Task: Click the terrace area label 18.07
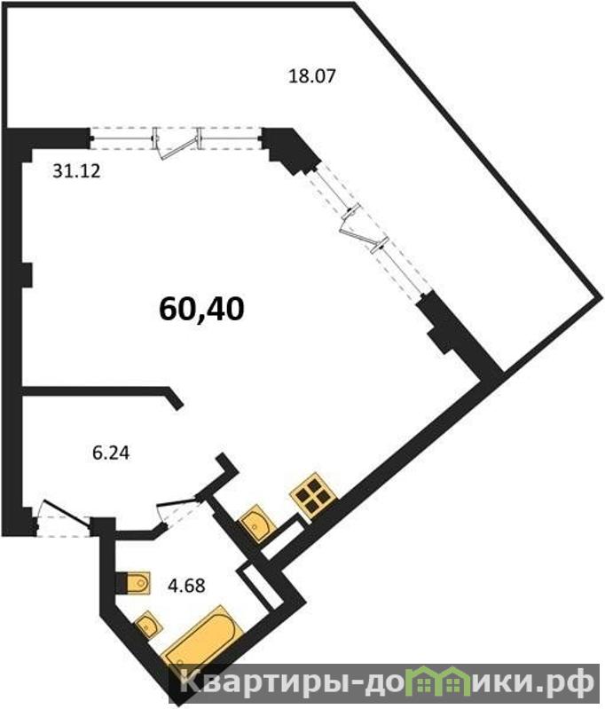[312, 75]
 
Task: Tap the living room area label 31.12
[76, 171]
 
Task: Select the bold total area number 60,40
[201, 310]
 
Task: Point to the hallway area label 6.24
[111, 453]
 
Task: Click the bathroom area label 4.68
[186, 586]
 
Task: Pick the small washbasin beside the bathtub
[147, 625]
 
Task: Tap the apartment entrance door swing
[64, 512]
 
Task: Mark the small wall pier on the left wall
[27, 274]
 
